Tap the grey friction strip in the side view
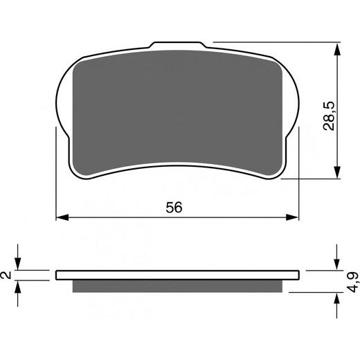tap(179, 285)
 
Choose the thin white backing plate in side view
tap(179, 273)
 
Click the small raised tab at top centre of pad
tap(179, 46)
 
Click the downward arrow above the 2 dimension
tap(20, 262)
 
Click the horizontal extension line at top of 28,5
tap(277, 44)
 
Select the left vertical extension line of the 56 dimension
tap(55, 173)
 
